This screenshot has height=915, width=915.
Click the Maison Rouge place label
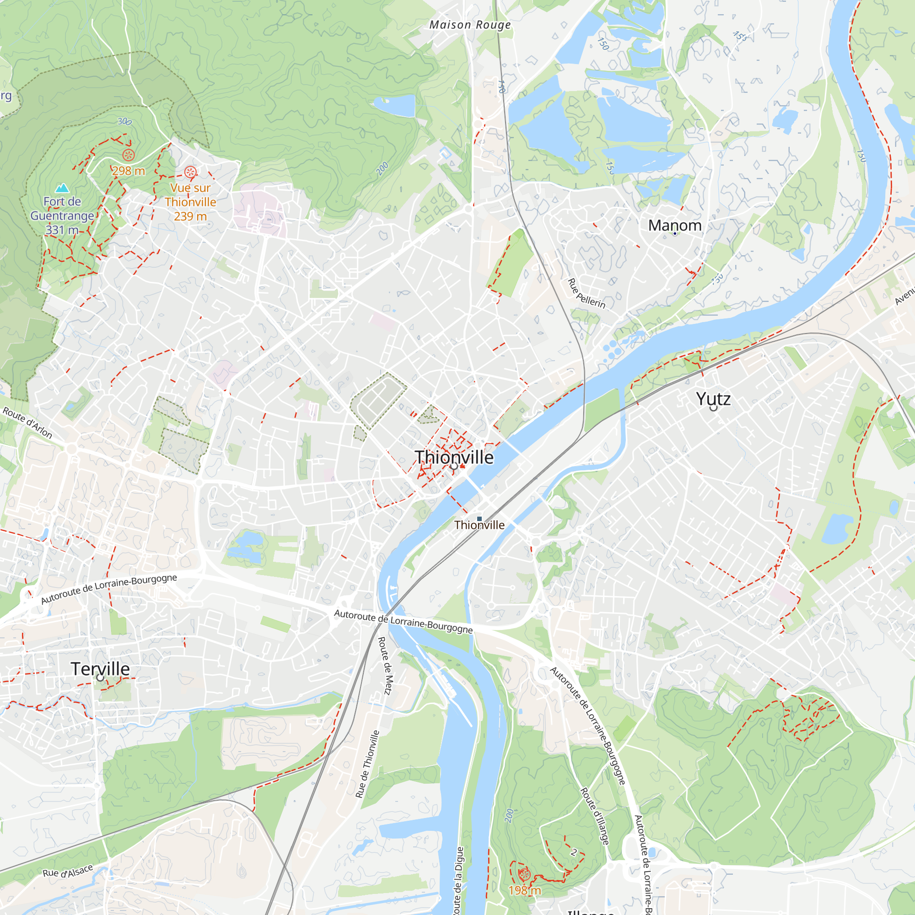click(470, 25)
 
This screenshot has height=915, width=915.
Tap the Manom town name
click(674, 225)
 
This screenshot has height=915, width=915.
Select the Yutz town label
click(713, 399)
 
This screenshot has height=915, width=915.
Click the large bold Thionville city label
click(454, 457)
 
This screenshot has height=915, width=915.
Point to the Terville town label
click(100, 669)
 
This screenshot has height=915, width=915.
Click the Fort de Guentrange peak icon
click(62, 188)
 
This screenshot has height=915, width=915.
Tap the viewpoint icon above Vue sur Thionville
click(190, 172)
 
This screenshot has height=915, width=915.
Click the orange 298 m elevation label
click(129, 171)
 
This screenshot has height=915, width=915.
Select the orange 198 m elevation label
click(524, 890)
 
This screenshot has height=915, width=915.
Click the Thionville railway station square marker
click(479, 519)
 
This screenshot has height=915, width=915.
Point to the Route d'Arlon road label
click(27, 422)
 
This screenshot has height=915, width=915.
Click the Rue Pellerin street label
click(587, 294)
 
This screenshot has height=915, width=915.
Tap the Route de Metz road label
click(385, 665)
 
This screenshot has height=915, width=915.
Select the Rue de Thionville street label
click(367, 764)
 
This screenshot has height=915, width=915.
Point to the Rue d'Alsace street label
click(67, 871)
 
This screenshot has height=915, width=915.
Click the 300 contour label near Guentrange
click(124, 121)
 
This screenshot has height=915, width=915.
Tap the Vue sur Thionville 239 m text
click(190, 202)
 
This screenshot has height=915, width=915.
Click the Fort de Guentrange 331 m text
click(62, 215)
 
